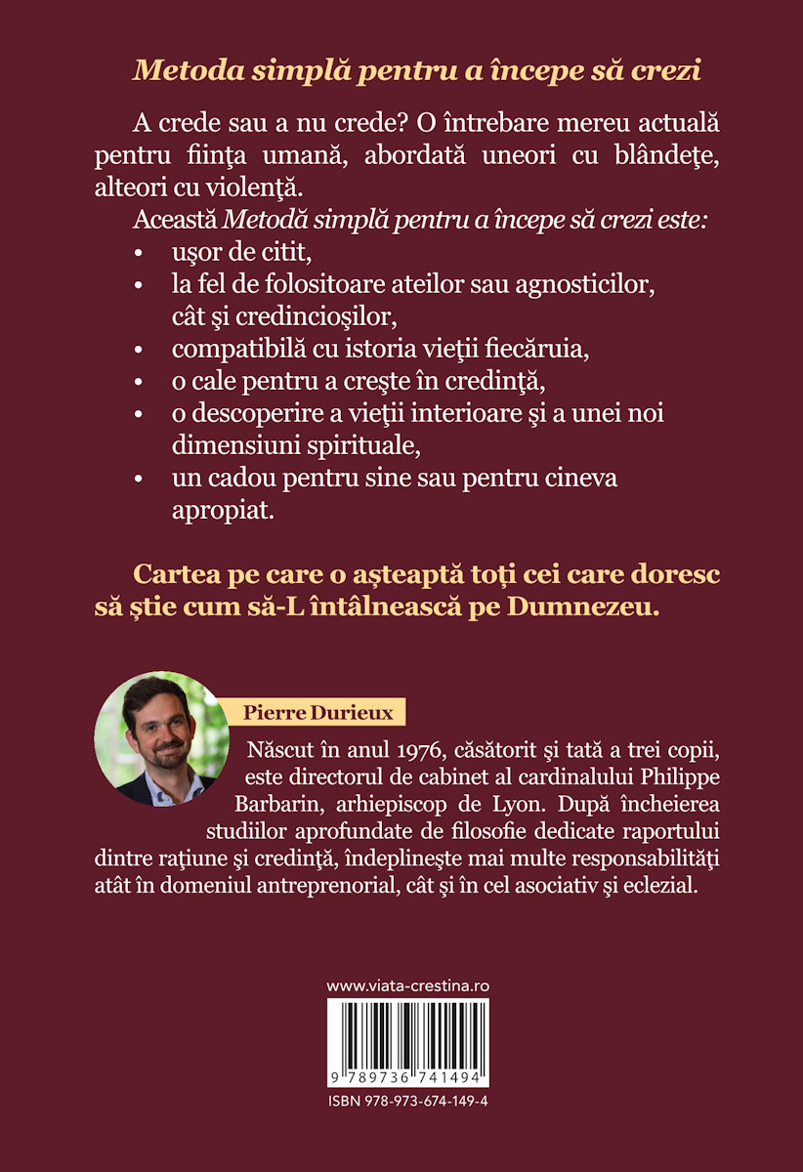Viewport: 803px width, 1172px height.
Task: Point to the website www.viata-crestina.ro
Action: pos(406,985)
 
